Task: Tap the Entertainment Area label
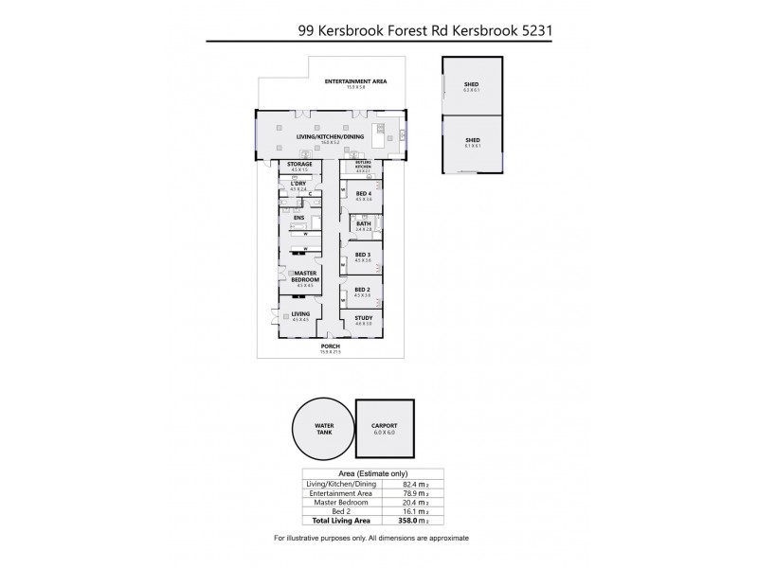[x=355, y=82]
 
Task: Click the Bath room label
[x=362, y=225]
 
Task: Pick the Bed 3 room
[x=362, y=257]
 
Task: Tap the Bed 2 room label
[x=362, y=291]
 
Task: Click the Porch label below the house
[x=331, y=347]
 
